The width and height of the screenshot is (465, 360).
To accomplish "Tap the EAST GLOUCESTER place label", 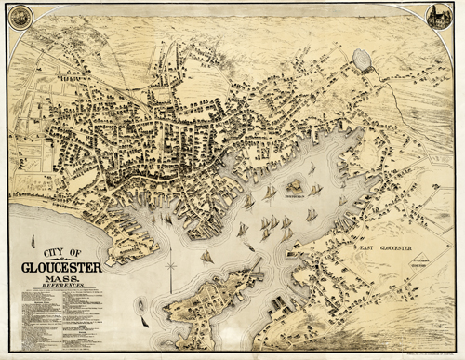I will click(375, 248).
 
